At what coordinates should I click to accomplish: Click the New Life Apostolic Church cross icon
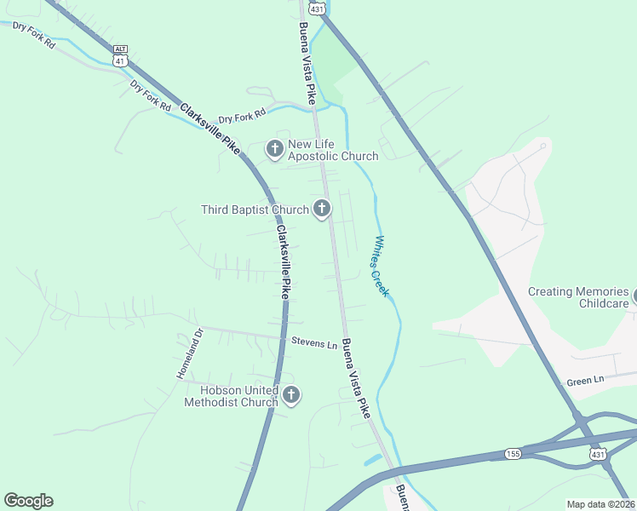click(274, 150)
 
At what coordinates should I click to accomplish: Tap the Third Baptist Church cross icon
click(322, 209)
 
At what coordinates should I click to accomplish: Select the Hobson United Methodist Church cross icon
click(291, 395)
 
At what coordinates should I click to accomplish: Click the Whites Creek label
click(381, 266)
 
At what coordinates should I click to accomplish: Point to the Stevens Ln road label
click(314, 343)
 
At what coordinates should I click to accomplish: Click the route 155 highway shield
click(512, 453)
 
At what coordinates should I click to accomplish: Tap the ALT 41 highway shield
click(121, 57)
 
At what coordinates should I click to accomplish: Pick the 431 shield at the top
click(316, 7)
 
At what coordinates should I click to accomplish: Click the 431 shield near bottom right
click(599, 456)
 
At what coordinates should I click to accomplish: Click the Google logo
click(28, 501)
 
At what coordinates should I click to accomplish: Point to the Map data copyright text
click(601, 504)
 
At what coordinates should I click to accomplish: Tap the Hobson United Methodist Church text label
click(231, 396)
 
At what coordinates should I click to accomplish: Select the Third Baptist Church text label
click(255, 210)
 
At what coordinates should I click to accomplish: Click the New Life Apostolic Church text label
click(332, 150)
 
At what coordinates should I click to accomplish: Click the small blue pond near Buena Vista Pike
click(372, 461)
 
